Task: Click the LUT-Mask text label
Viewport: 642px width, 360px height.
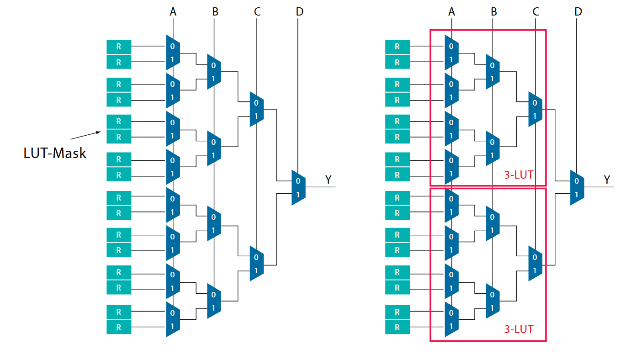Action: click(x=55, y=153)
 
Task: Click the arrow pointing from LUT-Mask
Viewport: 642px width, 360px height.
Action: click(x=86, y=135)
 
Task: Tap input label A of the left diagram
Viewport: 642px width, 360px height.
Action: click(x=173, y=12)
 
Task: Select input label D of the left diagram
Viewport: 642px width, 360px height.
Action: click(x=299, y=12)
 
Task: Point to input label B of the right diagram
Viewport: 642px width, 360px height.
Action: click(x=493, y=12)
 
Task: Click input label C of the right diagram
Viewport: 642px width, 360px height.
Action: click(x=536, y=12)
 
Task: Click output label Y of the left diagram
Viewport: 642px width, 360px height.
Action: click(x=329, y=180)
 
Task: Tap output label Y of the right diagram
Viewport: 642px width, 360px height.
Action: click(x=607, y=180)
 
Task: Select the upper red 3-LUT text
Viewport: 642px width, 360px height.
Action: click(x=519, y=175)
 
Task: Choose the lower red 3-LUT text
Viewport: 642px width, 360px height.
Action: click(x=519, y=329)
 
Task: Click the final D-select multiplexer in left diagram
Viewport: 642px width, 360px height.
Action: click(x=298, y=187)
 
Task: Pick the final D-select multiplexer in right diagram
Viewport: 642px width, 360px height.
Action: click(x=577, y=187)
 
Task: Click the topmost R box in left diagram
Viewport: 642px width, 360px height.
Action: click(x=119, y=47)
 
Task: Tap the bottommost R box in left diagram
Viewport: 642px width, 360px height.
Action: click(x=119, y=327)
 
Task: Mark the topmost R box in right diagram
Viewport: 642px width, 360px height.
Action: click(x=397, y=47)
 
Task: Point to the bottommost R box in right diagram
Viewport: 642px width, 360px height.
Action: click(x=397, y=327)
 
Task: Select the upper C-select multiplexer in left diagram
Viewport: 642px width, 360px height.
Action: click(x=256, y=109)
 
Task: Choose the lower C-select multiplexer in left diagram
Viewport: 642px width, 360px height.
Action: click(x=256, y=264)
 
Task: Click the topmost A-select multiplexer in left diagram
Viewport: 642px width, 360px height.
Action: click(x=173, y=53)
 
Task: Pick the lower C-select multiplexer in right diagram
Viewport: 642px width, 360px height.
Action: click(x=535, y=264)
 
